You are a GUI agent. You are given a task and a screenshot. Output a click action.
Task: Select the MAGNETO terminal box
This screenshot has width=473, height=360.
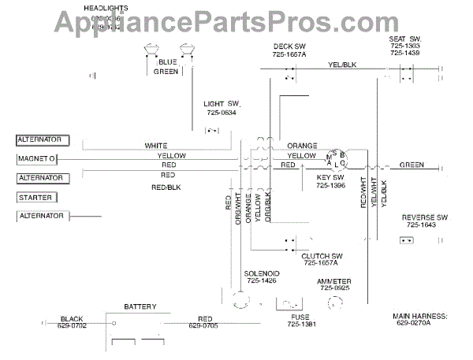point(37,159)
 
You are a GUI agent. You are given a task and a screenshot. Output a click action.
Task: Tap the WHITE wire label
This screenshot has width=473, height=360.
point(156,146)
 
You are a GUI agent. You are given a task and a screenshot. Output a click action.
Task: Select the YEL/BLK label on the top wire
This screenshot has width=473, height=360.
point(342,65)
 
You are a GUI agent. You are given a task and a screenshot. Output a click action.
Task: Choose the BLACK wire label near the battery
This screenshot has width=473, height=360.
point(72,320)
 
